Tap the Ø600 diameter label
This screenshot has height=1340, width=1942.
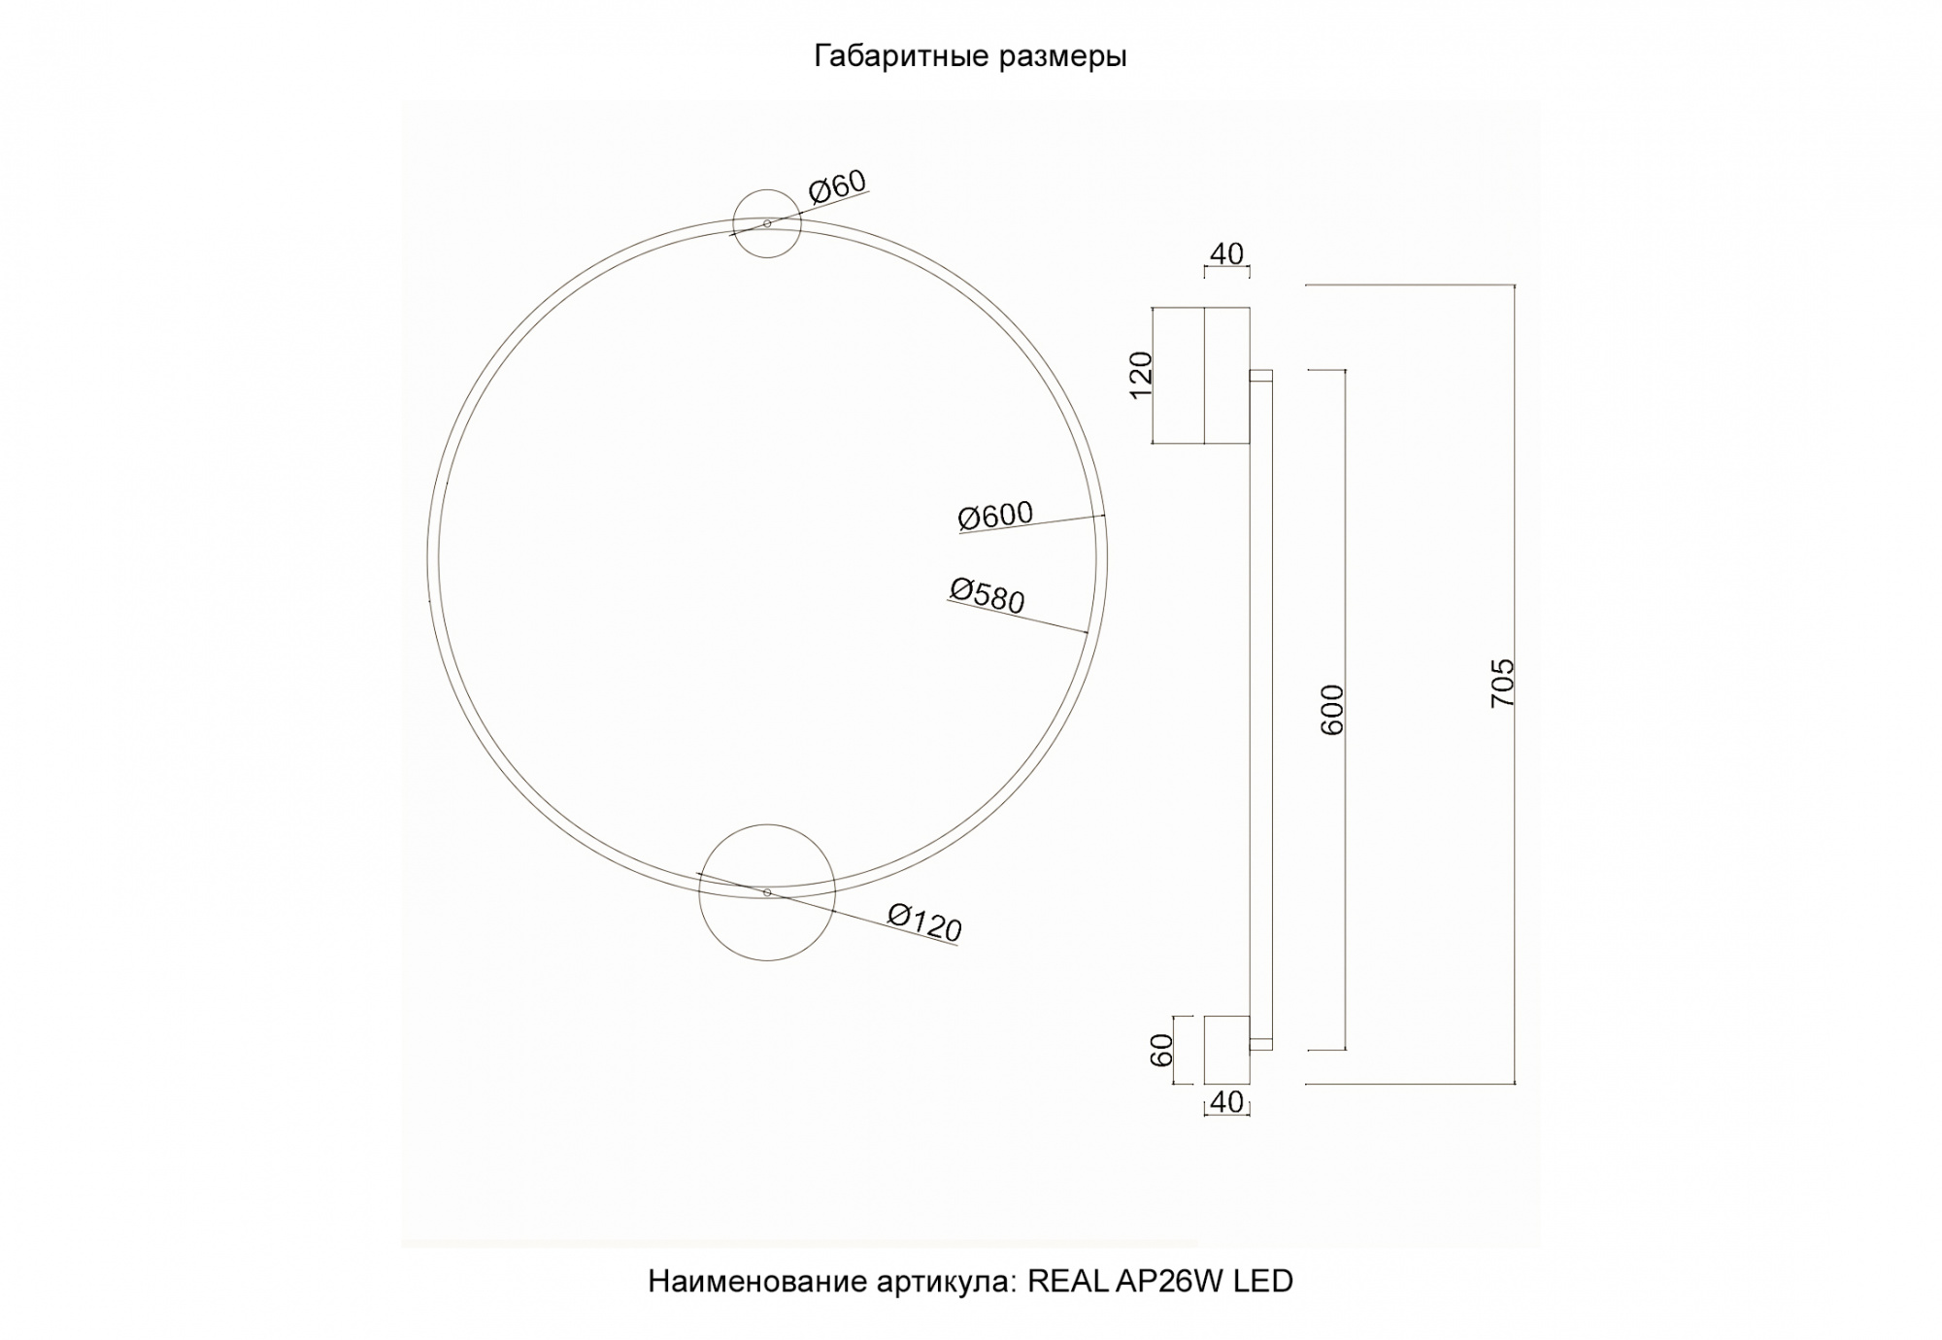pos(995,516)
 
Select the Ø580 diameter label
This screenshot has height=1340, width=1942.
pos(987,595)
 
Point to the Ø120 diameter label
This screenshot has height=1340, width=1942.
pos(924,921)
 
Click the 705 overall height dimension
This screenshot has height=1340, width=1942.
pos(1502,683)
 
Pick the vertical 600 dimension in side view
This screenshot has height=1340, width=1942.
pos(1333,709)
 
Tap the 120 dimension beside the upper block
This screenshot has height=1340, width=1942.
pos(1142,374)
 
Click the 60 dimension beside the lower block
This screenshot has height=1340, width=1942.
pos(1162,1050)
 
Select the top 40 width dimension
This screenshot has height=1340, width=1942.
pos(1226,253)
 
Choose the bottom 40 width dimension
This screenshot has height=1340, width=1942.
pos(1227,1102)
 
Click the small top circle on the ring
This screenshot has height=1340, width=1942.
pos(767,223)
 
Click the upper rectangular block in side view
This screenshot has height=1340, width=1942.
pos(1202,376)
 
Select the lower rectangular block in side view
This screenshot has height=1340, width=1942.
pos(1226,1050)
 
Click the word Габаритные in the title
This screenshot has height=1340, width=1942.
pos(889,57)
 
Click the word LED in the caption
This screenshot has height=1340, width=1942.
pos(1263,1282)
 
